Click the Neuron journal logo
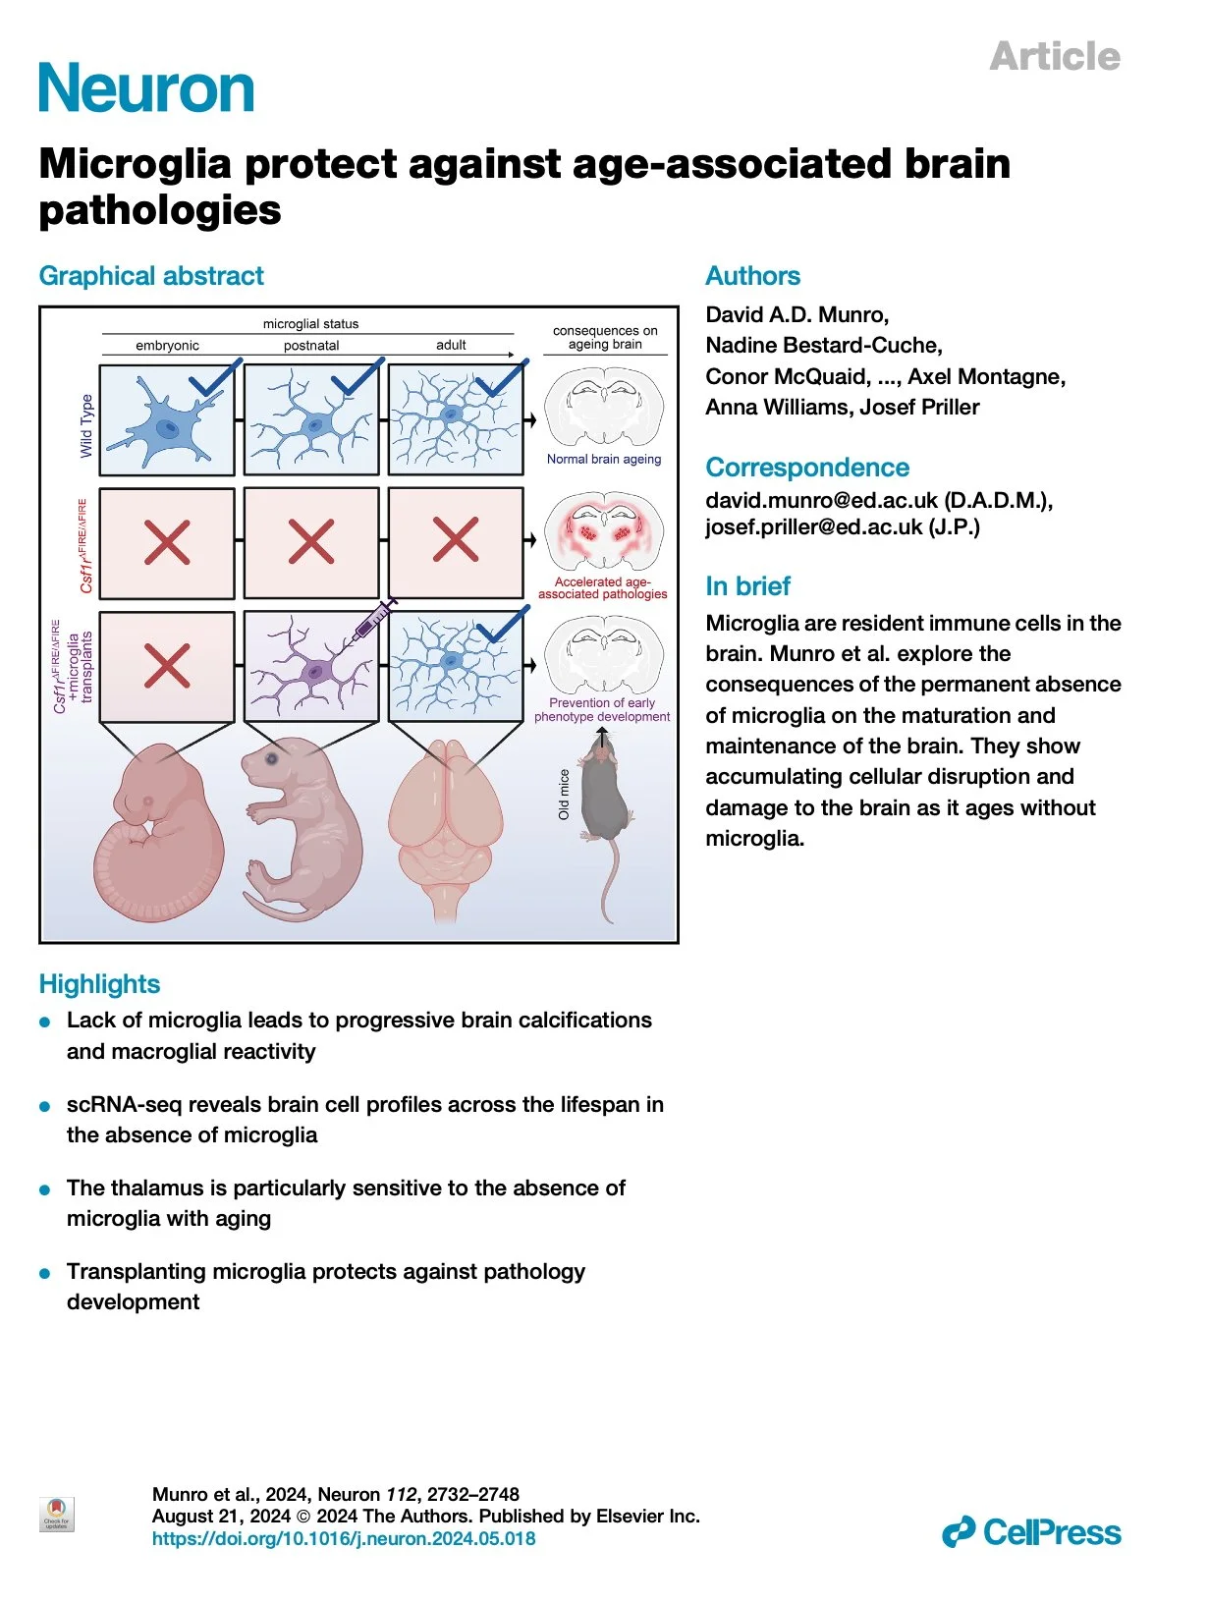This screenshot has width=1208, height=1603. click(x=147, y=88)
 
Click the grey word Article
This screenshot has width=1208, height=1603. click(x=1055, y=56)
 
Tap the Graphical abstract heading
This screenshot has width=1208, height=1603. click(x=151, y=276)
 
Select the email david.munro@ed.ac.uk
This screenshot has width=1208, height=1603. click(x=821, y=500)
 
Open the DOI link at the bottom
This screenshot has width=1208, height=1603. click(x=344, y=1539)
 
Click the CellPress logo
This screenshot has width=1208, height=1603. click(x=1031, y=1532)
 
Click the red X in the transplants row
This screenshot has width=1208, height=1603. click(x=167, y=666)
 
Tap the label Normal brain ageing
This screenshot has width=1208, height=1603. click(x=604, y=459)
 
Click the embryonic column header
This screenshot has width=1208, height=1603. click(x=167, y=346)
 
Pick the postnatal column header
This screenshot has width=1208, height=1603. click(x=311, y=346)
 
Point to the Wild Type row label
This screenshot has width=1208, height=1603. click(x=86, y=425)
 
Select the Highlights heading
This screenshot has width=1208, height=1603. click(x=99, y=984)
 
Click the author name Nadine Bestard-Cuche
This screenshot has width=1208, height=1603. click(x=823, y=346)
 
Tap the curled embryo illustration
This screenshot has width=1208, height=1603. click(x=157, y=835)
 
